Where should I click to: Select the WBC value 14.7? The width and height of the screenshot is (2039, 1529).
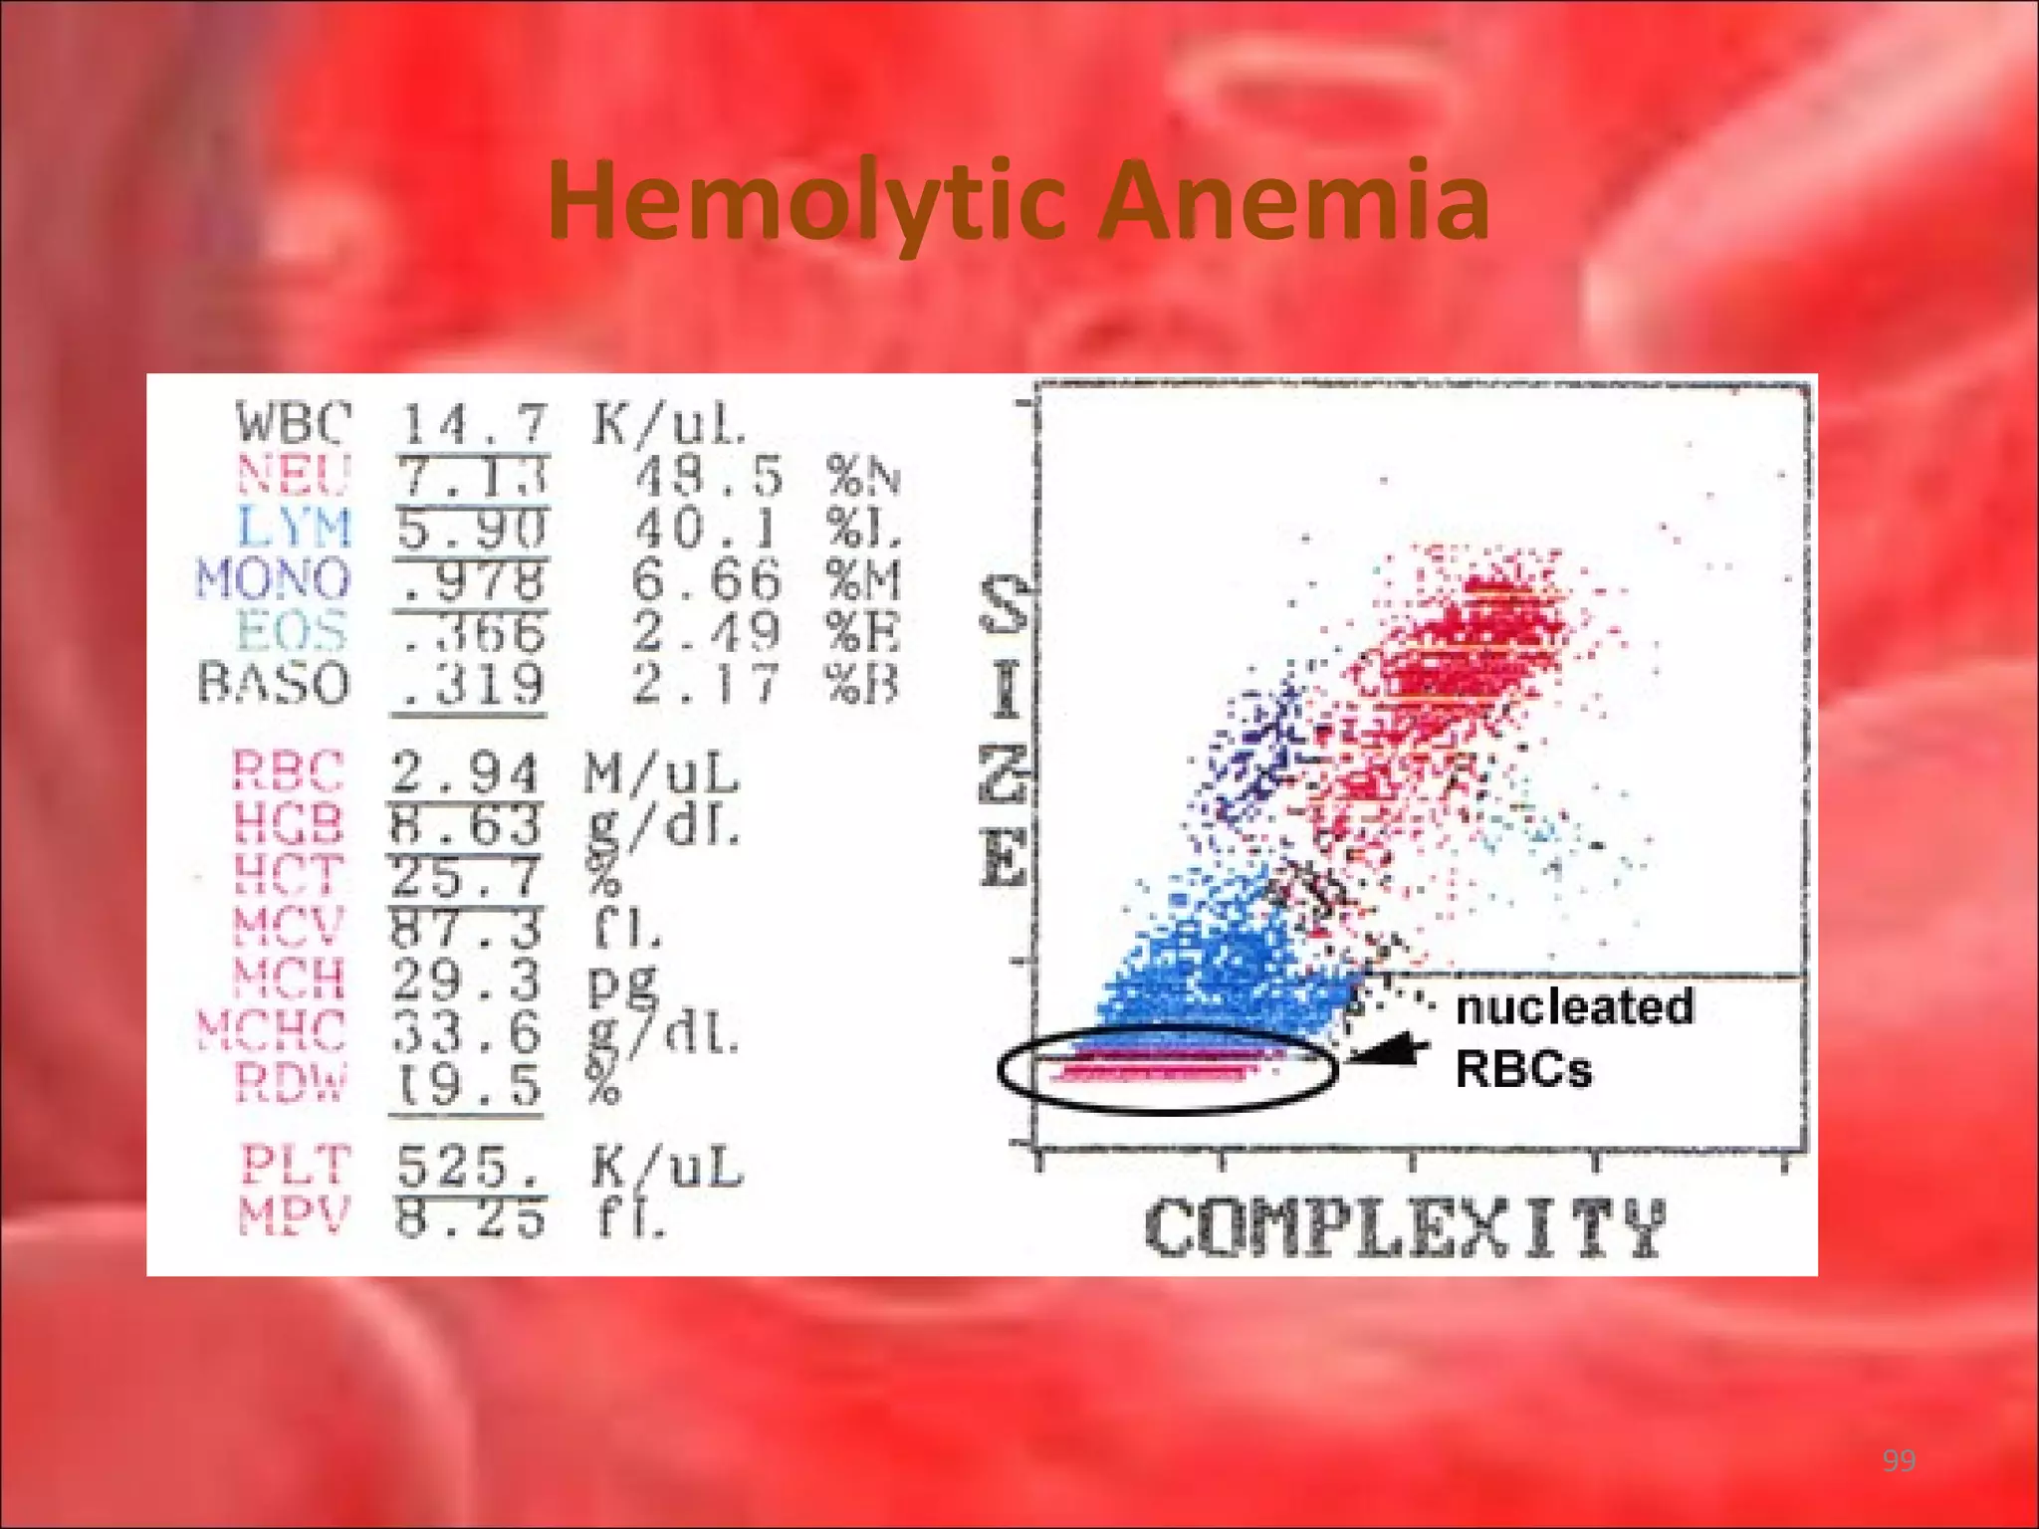coord(473,423)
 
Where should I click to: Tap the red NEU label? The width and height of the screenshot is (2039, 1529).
coord(294,475)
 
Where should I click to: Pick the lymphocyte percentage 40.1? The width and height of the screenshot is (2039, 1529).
coord(707,528)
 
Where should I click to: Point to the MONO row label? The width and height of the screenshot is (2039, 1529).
coord(274,579)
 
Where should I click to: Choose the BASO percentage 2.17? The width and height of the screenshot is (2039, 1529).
coord(705,684)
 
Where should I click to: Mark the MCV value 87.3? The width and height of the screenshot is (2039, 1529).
coord(465,928)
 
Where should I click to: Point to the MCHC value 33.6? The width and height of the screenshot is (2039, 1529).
coord(465,1031)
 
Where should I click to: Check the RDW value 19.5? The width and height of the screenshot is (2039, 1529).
coord(465,1085)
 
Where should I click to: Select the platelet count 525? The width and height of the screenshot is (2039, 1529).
coord(468,1166)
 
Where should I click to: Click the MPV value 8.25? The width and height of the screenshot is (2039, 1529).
coord(470,1217)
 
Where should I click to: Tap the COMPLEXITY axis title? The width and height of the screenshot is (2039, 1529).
coord(1404,1228)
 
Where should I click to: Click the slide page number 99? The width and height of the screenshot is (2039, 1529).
coord(1899,1460)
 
